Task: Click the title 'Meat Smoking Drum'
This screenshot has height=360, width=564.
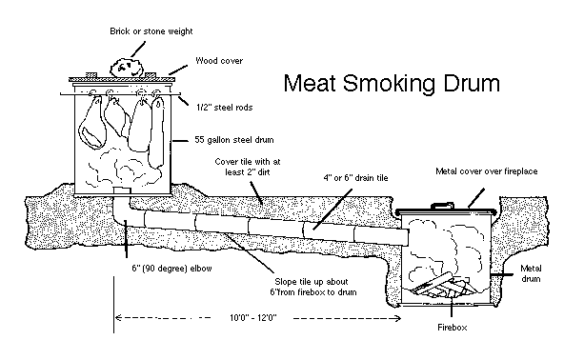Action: [x=392, y=84]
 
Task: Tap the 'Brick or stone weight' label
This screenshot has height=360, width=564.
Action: [x=151, y=31]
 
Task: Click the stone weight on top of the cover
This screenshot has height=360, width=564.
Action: [x=127, y=68]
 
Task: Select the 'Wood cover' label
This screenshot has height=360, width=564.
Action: [x=219, y=60]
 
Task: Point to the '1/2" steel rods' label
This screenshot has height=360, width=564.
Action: [x=225, y=108]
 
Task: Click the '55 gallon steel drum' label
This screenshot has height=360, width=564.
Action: [x=234, y=140]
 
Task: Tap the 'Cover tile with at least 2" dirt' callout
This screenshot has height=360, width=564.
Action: [x=248, y=167]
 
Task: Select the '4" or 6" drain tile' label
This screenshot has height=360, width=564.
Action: [x=355, y=178]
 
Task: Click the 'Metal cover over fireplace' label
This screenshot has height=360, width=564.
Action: [x=486, y=171]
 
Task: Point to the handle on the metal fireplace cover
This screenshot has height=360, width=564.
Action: [x=442, y=206]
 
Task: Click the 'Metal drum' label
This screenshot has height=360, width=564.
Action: [x=531, y=273]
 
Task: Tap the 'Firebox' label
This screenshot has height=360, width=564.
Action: [x=453, y=328]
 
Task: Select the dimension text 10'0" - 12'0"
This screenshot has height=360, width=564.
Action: [x=253, y=317]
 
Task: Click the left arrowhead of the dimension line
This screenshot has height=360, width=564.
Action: [x=117, y=317]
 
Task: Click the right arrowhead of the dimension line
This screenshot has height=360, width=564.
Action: [x=398, y=318]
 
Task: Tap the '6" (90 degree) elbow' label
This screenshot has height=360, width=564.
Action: [x=171, y=269]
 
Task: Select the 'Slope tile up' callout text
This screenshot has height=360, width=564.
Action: [x=312, y=287]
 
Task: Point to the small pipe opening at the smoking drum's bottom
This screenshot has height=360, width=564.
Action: [x=122, y=190]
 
